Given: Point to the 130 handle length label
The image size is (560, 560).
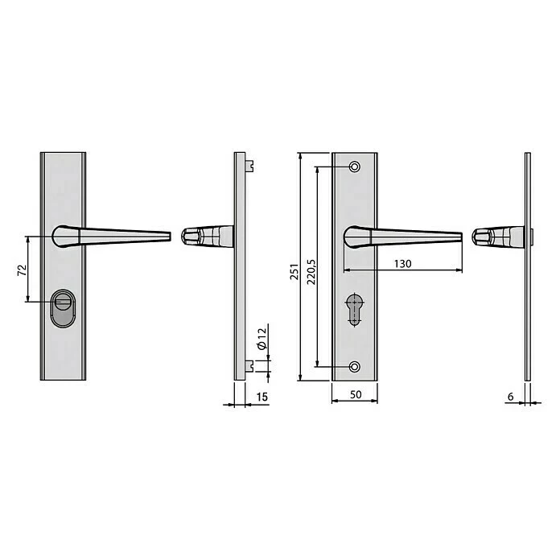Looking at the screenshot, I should click(404, 263).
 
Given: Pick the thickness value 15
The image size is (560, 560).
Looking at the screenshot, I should click(261, 397).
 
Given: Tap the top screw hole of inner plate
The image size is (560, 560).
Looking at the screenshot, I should click(354, 167).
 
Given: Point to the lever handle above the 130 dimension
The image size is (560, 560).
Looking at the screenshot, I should click(402, 237).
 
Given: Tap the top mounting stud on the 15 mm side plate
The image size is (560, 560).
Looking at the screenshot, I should click(252, 166).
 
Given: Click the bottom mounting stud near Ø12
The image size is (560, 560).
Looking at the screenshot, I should click(252, 366).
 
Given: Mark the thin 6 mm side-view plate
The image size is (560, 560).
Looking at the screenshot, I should click(528, 266).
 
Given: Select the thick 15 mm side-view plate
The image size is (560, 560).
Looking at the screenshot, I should click(239, 266).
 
